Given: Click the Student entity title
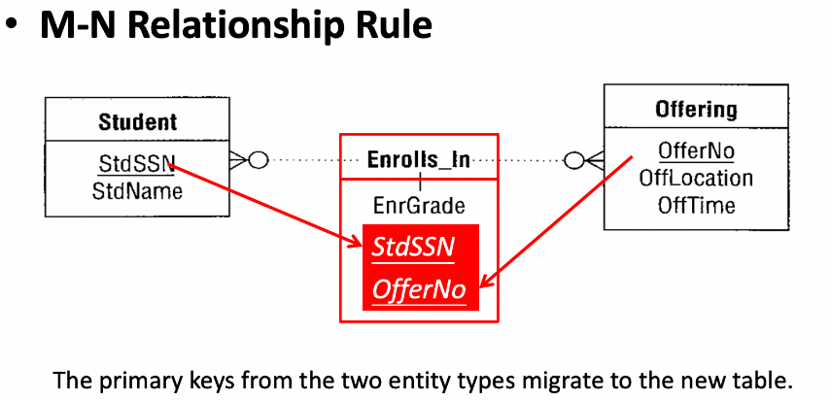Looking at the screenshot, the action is pyautogui.click(x=138, y=122).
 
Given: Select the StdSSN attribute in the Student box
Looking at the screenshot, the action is pyautogui.click(x=137, y=163).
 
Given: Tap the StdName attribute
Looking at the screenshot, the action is pyautogui.click(x=137, y=191).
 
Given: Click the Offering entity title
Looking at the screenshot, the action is pyautogui.click(x=696, y=110).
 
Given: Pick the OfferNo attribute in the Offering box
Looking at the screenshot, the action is pyautogui.click(x=696, y=151).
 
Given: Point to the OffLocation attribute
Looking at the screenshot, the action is pyautogui.click(x=696, y=178).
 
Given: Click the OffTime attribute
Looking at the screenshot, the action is pyautogui.click(x=696, y=205).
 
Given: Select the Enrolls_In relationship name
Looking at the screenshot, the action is pyautogui.click(x=419, y=160).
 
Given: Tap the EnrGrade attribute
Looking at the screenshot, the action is pyautogui.click(x=419, y=205).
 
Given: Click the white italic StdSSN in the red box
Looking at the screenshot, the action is pyautogui.click(x=413, y=248).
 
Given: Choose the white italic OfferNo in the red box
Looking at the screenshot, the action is pyautogui.click(x=419, y=289).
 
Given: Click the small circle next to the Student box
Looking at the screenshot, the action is pyautogui.click(x=259, y=160).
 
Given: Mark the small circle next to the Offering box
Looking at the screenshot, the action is pyautogui.click(x=574, y=160).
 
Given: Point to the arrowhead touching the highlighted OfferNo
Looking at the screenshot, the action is pyautogui.click(x=485, y=281).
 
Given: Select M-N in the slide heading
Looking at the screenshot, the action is pyautogui.click(x=78, y=25).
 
